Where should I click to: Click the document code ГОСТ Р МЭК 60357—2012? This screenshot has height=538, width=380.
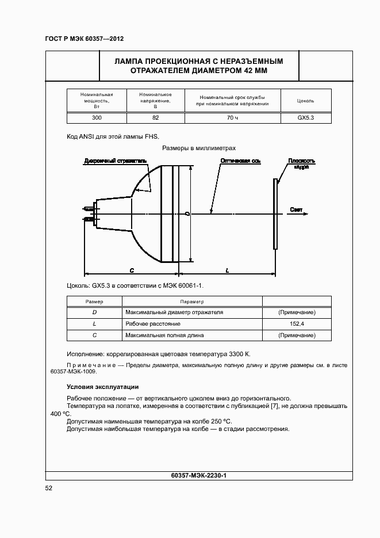(x=85, y=39)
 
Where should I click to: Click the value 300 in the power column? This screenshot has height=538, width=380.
(x=97, y=117)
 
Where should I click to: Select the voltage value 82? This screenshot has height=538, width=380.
(x=155, y=117)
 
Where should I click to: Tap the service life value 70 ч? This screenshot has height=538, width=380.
(x=232, y=117)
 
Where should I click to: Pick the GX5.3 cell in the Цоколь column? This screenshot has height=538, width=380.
(x=305, y=117)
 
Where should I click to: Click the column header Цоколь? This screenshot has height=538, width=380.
(x=305, y=101)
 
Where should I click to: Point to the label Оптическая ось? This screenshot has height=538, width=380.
(x=240, y=161)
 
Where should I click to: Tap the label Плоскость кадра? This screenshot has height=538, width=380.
(x=301, y=163)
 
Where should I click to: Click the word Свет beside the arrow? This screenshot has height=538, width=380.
(x=296, y=209)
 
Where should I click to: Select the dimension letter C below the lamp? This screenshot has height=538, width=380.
(x=132, y=269)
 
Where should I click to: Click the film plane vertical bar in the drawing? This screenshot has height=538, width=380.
(x=275, y=213)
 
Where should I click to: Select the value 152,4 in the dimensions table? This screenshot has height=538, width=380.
(x=297, y=324)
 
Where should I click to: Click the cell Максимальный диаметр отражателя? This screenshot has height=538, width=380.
(x=174, y=312)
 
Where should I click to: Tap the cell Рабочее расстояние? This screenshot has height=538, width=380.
(x=148, y=324)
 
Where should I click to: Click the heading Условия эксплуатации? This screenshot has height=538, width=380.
(x=102, y=387)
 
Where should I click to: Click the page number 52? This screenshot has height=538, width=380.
(x=49, y=489)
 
